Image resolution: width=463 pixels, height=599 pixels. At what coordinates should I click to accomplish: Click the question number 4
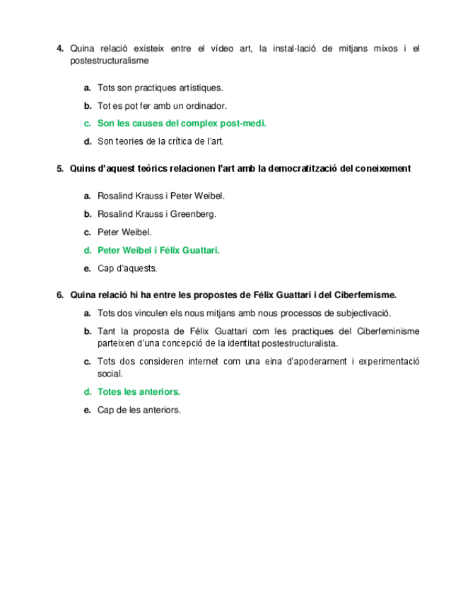pos(59,49)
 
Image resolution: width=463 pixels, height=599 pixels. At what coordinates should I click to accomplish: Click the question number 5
pos(59,169)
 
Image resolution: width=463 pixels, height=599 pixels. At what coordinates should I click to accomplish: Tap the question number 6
pos(59,295)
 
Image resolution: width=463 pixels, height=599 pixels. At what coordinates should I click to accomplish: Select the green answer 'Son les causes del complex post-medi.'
pos(182,124)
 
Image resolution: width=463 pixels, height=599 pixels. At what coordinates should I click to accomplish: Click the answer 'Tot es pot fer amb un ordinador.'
pos(162,106)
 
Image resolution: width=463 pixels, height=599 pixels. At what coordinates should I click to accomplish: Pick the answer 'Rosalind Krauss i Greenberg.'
pos(156,214)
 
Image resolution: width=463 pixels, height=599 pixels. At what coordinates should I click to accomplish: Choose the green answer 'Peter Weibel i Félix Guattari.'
pos(158,250)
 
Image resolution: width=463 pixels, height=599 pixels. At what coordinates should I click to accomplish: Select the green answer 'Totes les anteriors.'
pos(139,391)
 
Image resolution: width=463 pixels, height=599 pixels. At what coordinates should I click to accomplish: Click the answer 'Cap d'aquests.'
pos(127,268)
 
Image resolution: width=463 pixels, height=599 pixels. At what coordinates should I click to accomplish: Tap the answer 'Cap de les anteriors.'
pos(139,409)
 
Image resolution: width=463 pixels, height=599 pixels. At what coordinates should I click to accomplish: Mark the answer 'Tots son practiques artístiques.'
pos(160,88)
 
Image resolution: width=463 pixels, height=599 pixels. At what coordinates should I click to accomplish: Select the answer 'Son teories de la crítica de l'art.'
pos(160,141)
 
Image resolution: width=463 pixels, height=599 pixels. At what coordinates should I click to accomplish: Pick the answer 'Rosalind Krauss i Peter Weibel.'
pos(160,196)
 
